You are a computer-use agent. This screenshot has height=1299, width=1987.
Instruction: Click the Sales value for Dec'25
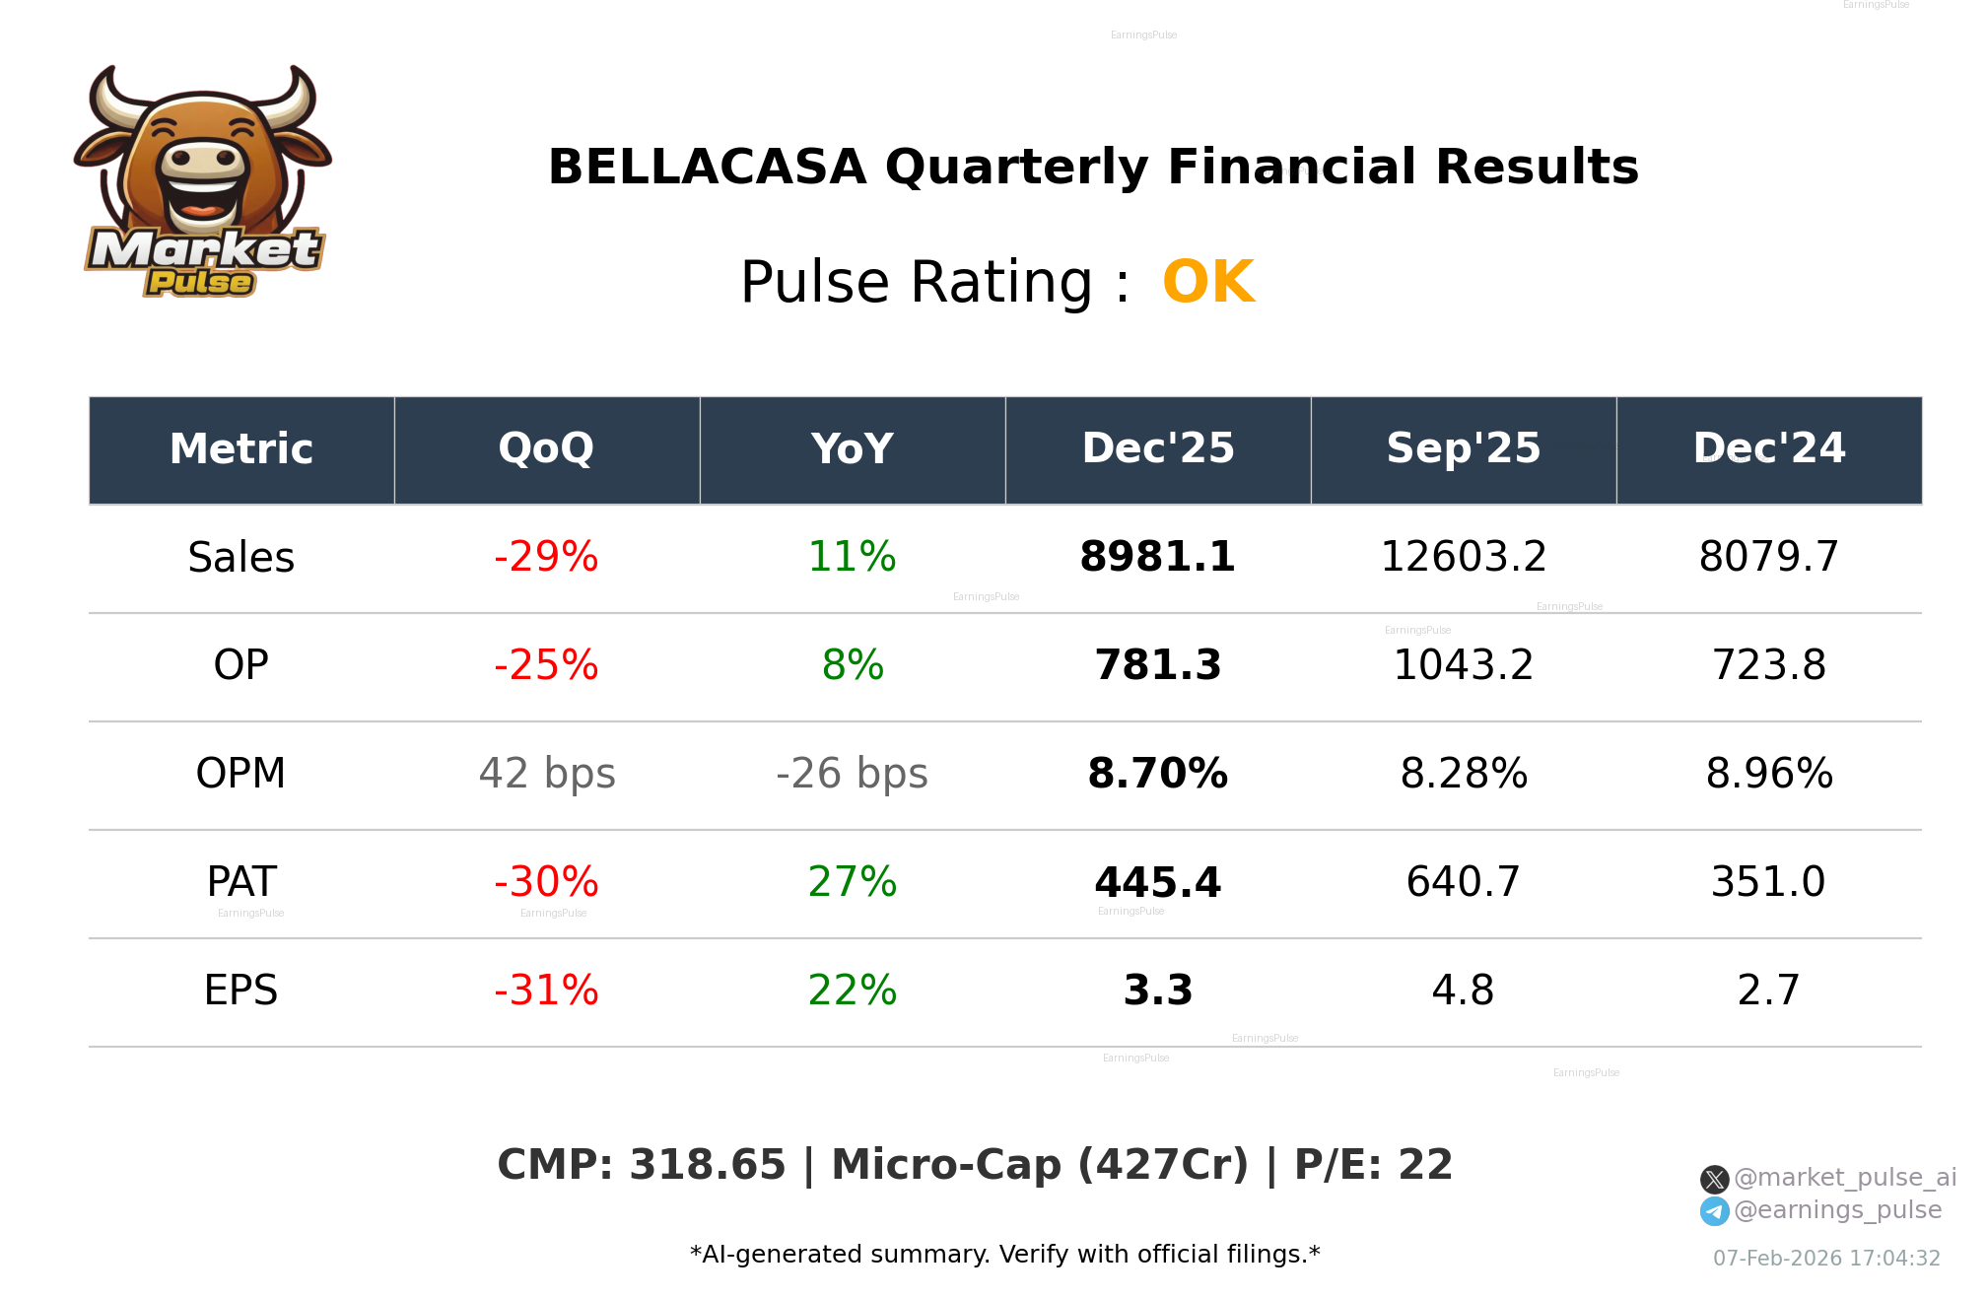pyautogui.click(x=1157, y=557)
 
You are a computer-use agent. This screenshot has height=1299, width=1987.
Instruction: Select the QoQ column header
pyautogui.click(x=546, y=449)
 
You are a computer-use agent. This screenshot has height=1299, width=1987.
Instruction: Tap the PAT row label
pyautogui.click(x=241, y=882)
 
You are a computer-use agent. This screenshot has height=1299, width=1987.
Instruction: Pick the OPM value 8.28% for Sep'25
pyautogui.click(x=1464, y=774)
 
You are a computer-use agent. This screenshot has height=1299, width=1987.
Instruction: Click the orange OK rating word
pyautogui.click(x=1208, y=283)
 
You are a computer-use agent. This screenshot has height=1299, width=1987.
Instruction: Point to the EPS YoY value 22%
pyautogui.click(x=853, y=991)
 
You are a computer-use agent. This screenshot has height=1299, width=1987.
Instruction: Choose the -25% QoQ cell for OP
pyautogui.click(x=546, y=665)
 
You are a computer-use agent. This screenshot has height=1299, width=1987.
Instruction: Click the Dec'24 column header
pyautogui.click(x=1768, y=449)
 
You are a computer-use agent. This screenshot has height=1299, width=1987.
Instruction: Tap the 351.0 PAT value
pyautogui.click(x=1768, y=882)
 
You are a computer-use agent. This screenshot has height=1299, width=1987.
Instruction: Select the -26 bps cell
pyautogui.click(x=852, y=774)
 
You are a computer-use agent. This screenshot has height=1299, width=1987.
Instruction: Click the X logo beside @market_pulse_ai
pyautogui.click(x=1714, y=1179)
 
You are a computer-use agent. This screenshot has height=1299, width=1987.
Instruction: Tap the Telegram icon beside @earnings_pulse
pyautogui.click(x=1714, y=1211)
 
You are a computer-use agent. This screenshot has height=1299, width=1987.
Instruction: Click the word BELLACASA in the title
pyautogui.click(x=707, y=168)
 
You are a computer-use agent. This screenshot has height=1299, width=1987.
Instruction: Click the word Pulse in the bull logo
pyautogui.click(x=200, y=283)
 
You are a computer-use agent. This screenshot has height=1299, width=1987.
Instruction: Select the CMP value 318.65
pyautogui.click(x=707, y=1165)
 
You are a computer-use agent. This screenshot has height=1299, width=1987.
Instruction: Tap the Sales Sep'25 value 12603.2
pyautogui.click(x=1464, y=557)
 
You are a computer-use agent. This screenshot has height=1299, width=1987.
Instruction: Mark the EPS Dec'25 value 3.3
pyautogui.click(x=1157, y=991)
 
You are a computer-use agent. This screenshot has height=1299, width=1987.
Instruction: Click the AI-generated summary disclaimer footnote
pyautogui.click(x=1004, y=1255)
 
